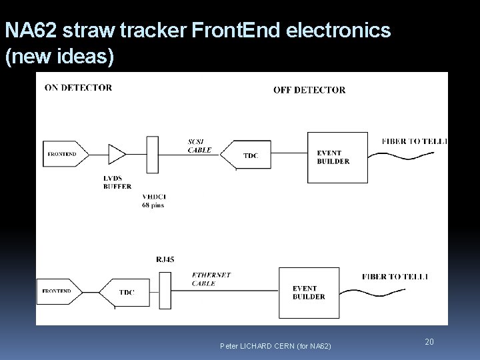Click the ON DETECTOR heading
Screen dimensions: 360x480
[78, 87]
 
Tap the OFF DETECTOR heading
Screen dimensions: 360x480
[309, 90]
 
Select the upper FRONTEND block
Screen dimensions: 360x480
[63, 154]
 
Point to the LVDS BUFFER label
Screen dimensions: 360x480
[117, 183]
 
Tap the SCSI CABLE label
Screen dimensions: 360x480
[199, 147]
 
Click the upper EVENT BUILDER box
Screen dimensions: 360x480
[337, 157]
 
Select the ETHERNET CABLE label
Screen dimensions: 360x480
[211, 279]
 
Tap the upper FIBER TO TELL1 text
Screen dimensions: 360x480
[414, 141]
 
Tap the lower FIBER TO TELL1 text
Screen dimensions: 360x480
[395, 276]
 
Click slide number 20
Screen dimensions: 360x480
[429, 342]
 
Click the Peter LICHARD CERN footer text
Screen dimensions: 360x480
[275, 345]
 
